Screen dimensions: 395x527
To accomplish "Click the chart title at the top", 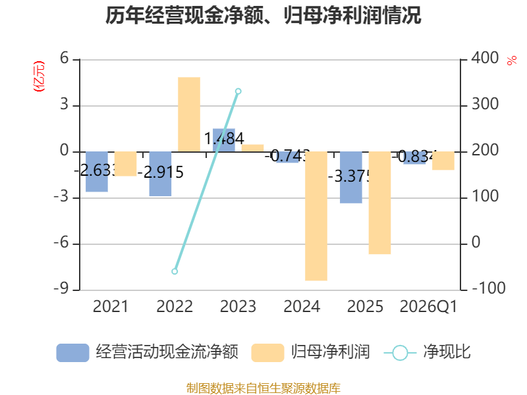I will tap(263, 15).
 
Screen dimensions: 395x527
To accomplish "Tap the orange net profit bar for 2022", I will tap(189, 114).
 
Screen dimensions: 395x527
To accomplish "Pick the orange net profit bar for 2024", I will tap(316, 216).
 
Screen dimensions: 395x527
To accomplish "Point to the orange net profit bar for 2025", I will tap(379, 203).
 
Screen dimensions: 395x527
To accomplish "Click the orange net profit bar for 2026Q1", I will tap(443, 161).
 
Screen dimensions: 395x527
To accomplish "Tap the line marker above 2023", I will tap(238, 91).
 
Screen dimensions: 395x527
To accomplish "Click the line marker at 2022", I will tap(175, 271).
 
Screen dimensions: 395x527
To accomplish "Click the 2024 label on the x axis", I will tap(302, 307).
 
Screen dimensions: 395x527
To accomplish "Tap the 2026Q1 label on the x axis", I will tap(428, 307).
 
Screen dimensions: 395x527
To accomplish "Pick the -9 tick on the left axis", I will tap(65, 289).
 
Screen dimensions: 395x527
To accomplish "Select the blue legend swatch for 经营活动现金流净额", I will tap(72, 353).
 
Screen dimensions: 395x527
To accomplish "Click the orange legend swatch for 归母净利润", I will tap(267, 353).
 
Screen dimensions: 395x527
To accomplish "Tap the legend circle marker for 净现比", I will tap(400, 353).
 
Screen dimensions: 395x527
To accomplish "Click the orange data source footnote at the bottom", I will tap(263, 388).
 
